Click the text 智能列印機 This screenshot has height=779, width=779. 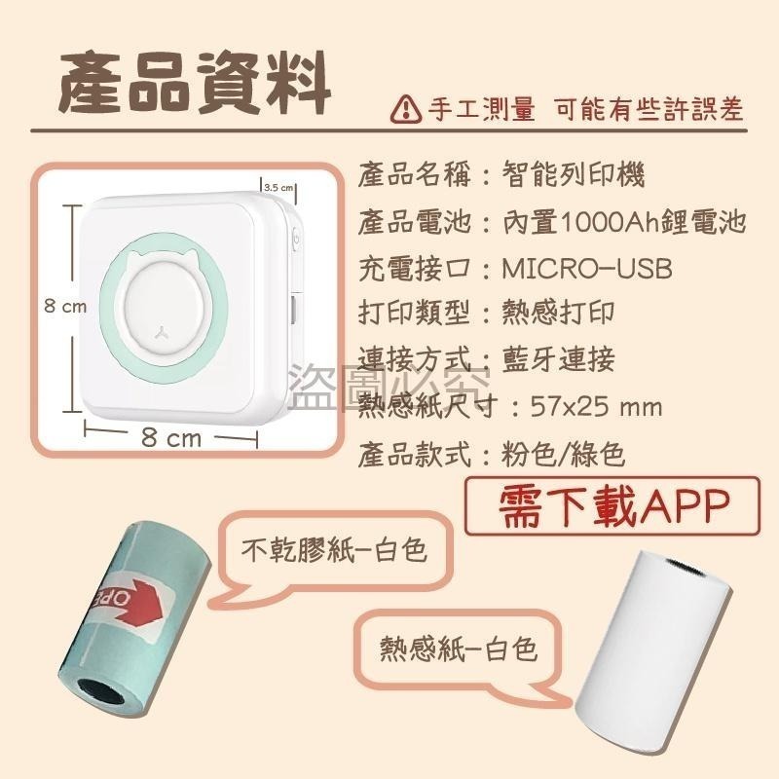(x=574, y=175)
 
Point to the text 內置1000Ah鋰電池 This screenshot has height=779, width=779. (x=624, y=222)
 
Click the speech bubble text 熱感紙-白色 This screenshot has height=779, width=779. (x=460, y=649)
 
